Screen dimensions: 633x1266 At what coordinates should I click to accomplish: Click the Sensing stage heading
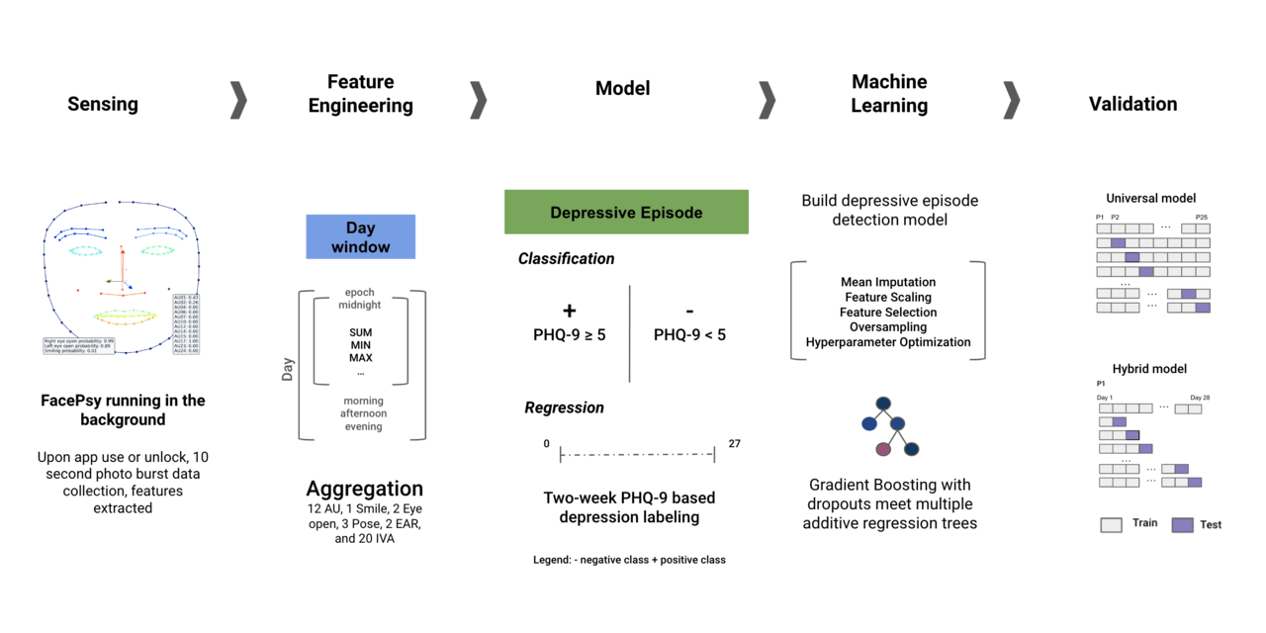pos(103,104)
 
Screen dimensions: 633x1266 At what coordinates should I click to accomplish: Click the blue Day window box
pos(360,237)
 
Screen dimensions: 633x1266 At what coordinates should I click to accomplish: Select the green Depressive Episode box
pos(626,213)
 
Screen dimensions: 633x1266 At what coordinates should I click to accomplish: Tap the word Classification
pos(567,259)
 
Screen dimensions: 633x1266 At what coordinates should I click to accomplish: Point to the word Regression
pos(564,407)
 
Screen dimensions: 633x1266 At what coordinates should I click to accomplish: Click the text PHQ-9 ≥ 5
pos(569,335)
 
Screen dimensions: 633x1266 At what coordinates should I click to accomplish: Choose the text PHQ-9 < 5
pos(689,335)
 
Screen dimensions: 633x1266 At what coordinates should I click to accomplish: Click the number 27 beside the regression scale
pos(734,444)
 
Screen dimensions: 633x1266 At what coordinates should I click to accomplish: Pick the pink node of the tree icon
pos(883,449)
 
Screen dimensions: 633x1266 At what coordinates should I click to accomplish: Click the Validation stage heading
pos(1132,104)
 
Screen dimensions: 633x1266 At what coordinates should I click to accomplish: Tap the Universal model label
pos(1150,198)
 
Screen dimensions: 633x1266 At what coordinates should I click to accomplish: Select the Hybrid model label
pos(1150,369)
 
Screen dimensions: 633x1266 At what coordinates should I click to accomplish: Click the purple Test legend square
pos(1182,525)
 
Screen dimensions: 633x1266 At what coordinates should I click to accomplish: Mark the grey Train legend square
pos(1111,525)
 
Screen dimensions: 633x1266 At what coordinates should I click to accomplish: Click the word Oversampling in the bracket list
pos(888,327)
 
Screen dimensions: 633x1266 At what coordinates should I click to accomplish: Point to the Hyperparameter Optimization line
pos(888,342)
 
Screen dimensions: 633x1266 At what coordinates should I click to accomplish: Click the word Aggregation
pos(364,489)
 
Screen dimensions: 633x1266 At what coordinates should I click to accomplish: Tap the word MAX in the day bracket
pos(360,357)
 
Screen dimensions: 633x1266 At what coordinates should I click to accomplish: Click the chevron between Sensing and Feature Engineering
pos(238,100)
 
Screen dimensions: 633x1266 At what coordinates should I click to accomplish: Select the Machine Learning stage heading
pos(889,94)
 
